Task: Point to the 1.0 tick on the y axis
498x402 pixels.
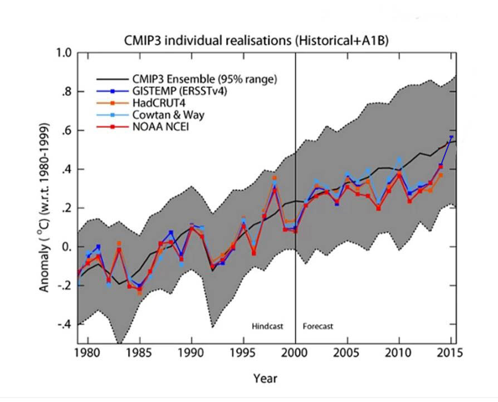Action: (64, 53)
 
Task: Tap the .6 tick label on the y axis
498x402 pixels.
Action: (66, 130)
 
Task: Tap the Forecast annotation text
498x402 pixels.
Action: (318, 326)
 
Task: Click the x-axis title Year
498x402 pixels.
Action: (265, 378)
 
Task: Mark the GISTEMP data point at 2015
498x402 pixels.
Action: (451, 137)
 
